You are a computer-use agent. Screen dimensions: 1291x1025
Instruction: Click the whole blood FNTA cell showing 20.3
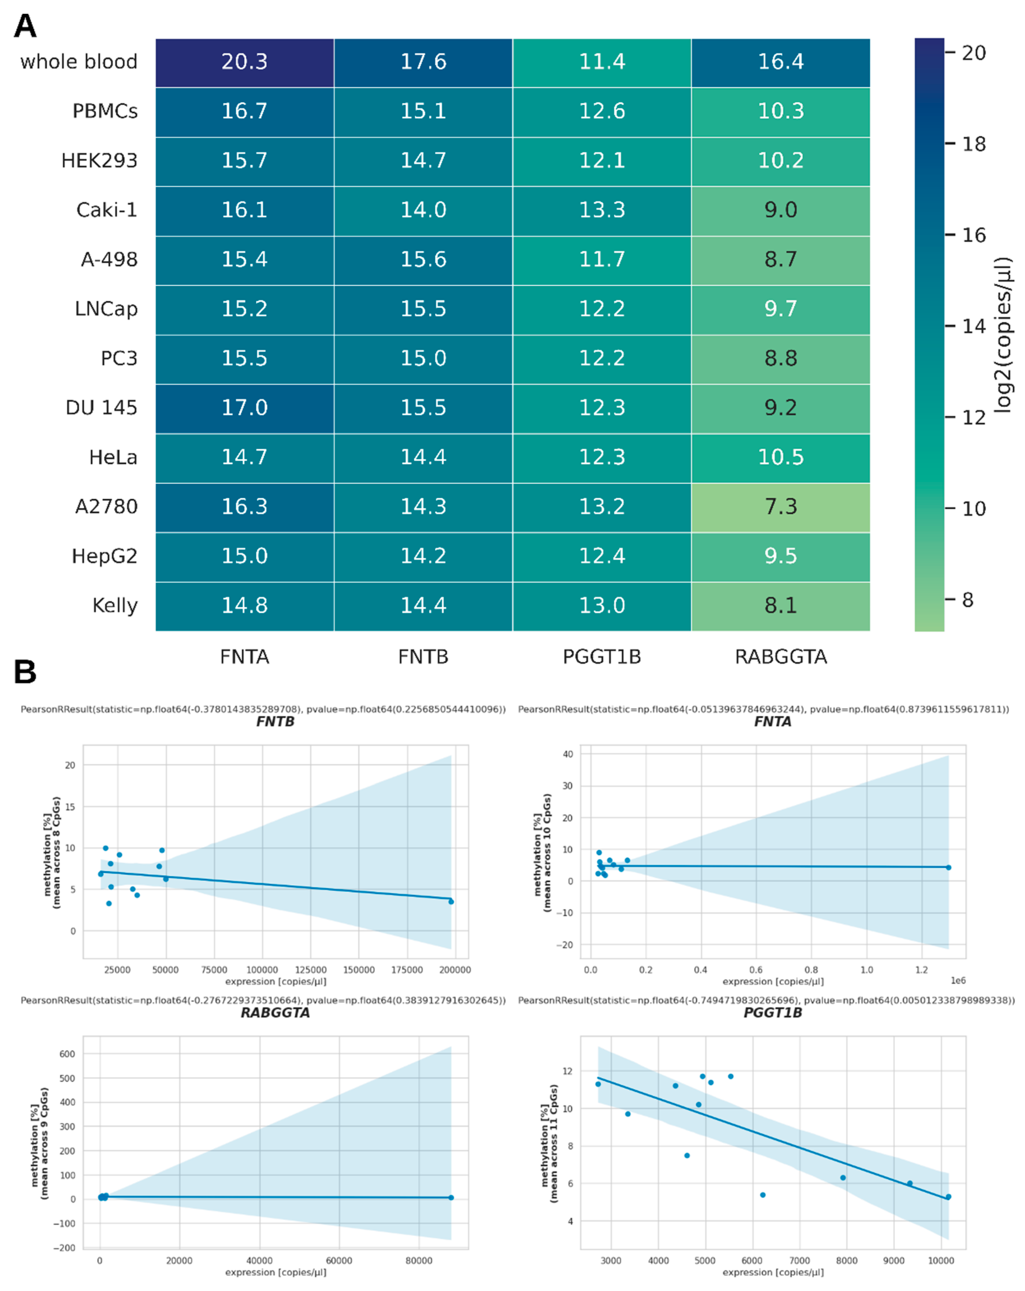[244, 62]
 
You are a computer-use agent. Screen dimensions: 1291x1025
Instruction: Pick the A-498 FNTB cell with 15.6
[423, 259]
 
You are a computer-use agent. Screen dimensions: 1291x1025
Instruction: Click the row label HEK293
[99, 160]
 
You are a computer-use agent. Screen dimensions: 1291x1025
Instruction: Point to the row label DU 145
[101, 408]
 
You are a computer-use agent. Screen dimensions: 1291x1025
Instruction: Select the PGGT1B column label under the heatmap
[602, 657]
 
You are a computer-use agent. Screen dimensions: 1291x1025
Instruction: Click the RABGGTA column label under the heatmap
[781, 657]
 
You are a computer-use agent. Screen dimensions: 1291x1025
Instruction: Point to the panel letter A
[25, 26]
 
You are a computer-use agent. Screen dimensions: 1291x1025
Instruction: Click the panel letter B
[25, 672]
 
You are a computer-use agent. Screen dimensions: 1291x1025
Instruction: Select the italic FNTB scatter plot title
[276, 722]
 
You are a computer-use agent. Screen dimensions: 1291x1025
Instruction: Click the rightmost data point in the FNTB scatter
[451, 902]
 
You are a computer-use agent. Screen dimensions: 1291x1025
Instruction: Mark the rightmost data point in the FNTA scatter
[948, 868]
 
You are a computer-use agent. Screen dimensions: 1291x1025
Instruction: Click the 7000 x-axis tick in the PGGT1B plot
[799, 1260]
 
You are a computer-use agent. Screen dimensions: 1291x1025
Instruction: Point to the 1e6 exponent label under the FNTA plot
[958, 980]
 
